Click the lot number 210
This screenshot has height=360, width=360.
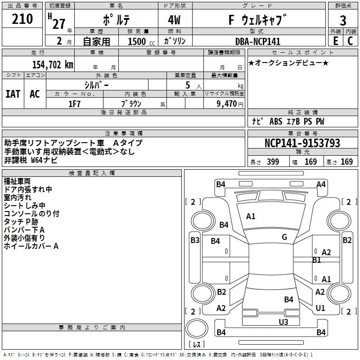coord(22,19)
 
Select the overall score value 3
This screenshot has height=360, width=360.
coord(343,20)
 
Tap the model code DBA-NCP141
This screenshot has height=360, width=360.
coord(258,41)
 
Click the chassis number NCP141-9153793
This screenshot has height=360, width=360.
coord(302,143)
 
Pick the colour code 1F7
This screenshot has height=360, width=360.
coord(74,103)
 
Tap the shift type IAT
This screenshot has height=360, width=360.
coord(13,94)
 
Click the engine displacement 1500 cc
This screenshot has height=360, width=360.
coord(137,41)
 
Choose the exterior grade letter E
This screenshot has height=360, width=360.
coord(335,41)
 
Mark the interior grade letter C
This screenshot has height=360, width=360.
coord(350,41)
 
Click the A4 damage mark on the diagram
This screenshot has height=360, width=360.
coord(321,184)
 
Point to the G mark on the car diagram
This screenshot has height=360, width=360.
coord(284,237)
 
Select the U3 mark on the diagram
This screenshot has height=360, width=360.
coord(283,321)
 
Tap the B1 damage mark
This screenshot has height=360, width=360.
coord(316,260)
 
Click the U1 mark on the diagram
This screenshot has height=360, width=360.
coord(320,308)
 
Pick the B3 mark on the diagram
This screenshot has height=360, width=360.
coord(195,240)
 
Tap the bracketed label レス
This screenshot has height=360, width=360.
coord(196,345)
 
